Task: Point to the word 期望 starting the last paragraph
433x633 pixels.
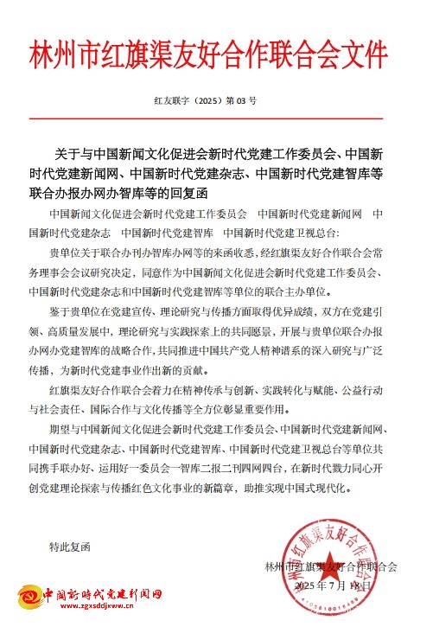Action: click(60, 429)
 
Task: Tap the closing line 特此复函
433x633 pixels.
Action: click(70, 547)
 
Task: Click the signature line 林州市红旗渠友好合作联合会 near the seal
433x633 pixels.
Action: click(331, 566)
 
